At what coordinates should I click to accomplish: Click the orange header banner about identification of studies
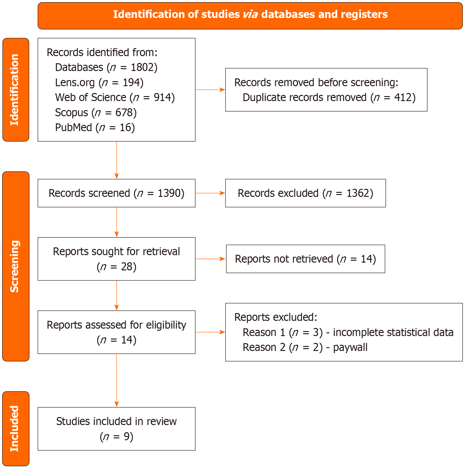point(250,16)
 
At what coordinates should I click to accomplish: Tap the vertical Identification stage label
point(15,90)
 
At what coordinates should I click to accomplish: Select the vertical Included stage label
point(15,428)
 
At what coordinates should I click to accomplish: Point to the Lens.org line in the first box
point(99,82)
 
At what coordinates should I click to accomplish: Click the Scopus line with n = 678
point(96,113)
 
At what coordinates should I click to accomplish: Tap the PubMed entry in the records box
point(95,127)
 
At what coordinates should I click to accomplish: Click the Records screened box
point(116,193)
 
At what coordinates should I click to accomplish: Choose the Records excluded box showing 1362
point(305,193)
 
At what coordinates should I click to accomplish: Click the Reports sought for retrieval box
point(116,259)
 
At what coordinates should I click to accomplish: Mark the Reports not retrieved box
point(305,259)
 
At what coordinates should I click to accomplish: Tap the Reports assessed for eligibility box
point(116,332)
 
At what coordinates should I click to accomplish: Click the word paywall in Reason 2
point(350,347)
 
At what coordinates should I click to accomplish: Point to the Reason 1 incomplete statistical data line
point(348,332)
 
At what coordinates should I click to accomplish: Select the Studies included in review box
point(116,429)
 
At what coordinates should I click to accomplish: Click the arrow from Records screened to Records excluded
point(210,193)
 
